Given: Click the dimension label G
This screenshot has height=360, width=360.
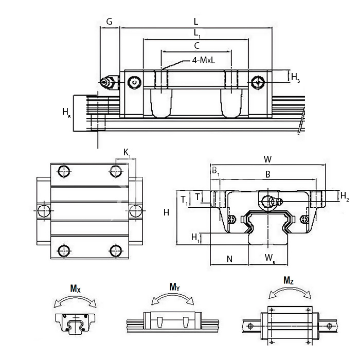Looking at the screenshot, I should click(110, 22).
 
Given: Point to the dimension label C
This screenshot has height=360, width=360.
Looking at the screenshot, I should click(196, 46).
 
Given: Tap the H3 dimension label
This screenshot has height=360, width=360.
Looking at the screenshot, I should click(295, 78).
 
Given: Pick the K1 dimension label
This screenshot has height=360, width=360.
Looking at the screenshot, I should click(127, 152).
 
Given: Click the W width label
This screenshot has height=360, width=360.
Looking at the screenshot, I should click(267, 159).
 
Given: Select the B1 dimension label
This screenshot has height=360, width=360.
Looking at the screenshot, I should click(215, 172).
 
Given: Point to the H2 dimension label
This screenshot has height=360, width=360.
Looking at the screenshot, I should click(345, 196).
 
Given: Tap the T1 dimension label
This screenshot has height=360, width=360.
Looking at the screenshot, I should click(185, 200).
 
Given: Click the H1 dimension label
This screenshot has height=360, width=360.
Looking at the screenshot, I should click(195, 237).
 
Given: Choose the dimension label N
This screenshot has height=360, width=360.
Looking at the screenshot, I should click(229, 259).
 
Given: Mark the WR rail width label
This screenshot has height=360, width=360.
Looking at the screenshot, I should click(269, 257).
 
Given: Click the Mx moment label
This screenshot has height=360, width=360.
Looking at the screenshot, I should click(75, 290).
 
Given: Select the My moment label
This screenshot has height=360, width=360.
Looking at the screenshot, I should click(174, 287).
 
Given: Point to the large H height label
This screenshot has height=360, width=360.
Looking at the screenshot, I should click(166, 212).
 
